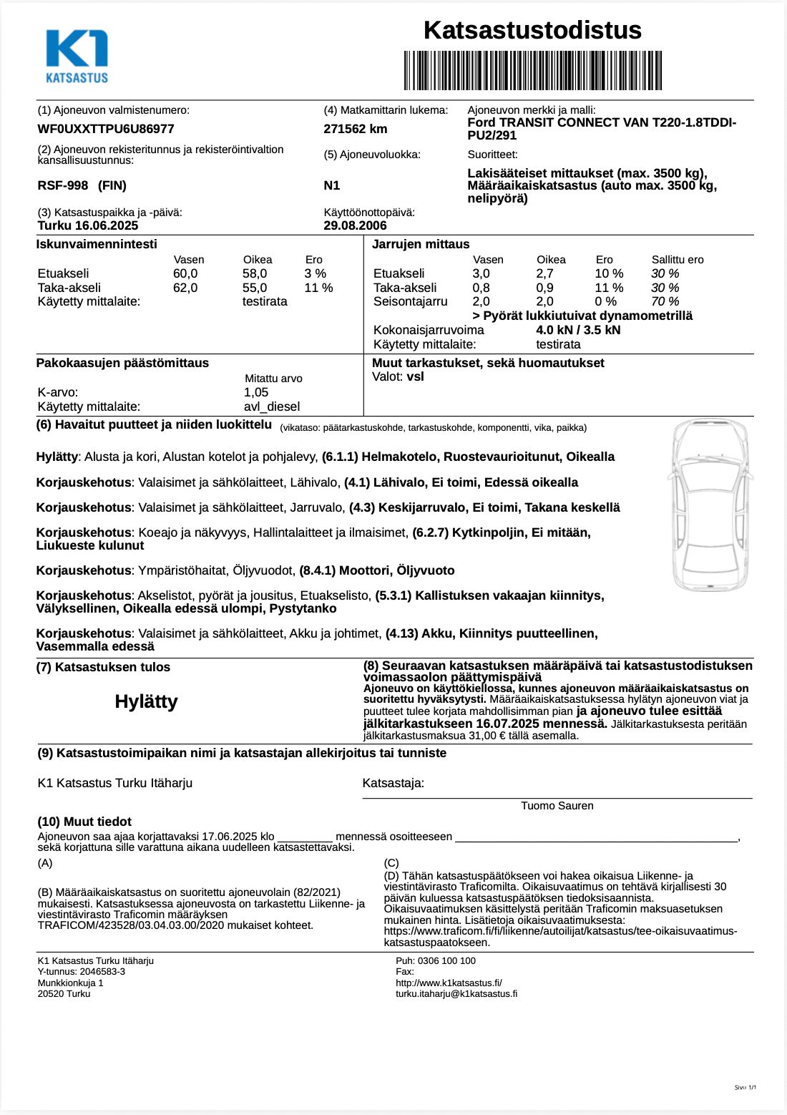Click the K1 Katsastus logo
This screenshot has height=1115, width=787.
point(77,57)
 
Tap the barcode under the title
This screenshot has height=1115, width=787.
point(532,70)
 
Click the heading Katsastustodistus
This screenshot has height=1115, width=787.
point(532,30)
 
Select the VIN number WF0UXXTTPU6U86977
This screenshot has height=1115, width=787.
point(106,129)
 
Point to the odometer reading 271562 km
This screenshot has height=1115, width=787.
point(356,129)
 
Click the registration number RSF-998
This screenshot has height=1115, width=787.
point(63,185)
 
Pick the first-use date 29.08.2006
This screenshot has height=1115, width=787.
point(355,225)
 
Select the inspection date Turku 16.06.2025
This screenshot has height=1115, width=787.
point(88,225)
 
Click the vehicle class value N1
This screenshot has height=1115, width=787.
point(332,185)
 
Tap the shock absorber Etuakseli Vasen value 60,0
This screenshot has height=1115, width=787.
point(185,273)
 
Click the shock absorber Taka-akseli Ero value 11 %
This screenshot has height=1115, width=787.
point(318,288)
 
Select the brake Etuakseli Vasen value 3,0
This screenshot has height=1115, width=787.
point(481,273)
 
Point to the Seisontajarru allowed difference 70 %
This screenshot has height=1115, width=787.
point(665,301)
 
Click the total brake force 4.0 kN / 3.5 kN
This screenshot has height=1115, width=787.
point(578,330)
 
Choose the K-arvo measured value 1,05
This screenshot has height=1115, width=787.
point(256,392)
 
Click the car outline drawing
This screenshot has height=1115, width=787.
point(710,505)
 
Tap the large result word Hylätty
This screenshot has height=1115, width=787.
point(146,701)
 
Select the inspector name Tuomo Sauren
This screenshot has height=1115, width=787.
point(557,806)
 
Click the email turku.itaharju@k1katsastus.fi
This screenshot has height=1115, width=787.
point(456,994)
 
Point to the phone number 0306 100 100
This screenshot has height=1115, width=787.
point(446,961)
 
